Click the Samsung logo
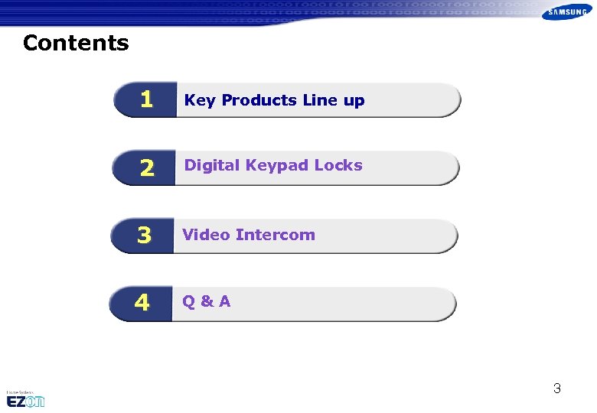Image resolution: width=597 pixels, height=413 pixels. click(566, 12)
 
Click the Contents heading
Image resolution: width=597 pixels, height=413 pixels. click(76, 43)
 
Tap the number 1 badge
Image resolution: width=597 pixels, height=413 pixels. click(145, 100)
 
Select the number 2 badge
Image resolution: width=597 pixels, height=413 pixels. click(145, 168)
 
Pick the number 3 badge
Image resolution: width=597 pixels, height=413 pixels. click(144, 236)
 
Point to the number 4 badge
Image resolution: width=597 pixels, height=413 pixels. click(142, 304)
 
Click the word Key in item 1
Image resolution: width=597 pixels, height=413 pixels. click(200, 101)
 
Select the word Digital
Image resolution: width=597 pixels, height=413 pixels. click(212, 165)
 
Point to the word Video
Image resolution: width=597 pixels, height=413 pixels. click(206, 235)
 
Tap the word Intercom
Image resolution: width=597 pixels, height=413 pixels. click(276, 235)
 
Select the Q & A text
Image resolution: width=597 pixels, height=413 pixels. click(206, 301)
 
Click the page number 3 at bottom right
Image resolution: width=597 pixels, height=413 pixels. click(557, 389)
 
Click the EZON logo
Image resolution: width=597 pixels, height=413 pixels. click(25, 399)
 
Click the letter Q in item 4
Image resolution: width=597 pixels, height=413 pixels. click(188, 301)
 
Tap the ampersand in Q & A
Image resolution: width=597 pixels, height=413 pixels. click(205, 301)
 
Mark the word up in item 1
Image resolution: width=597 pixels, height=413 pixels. click(354, 101)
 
